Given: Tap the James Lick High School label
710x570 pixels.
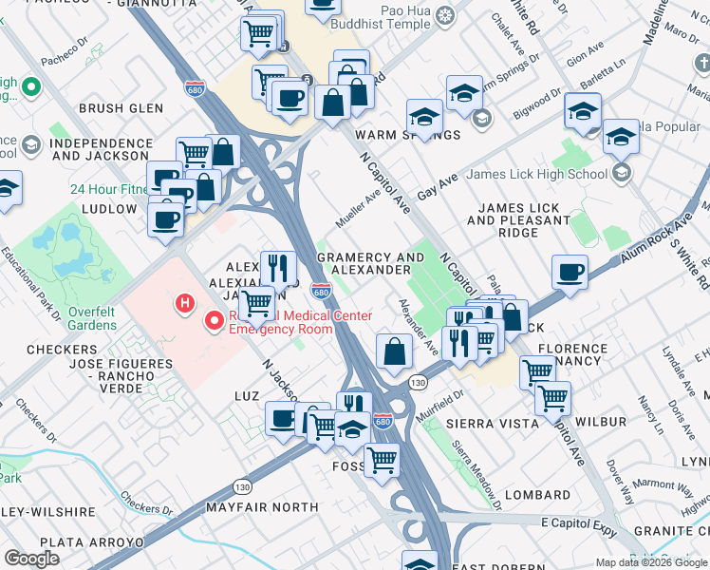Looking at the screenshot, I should [x=536, y=174].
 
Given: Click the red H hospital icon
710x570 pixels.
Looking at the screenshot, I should [x=185, y=303].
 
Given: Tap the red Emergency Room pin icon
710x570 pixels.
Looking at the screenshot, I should [x=215, y=321].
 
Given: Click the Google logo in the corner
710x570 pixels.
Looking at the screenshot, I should [x=31, y=559].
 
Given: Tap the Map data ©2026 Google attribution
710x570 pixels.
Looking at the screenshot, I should [x=650, y=562].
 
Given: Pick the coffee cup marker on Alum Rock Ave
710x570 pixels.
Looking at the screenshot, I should [x=570, y=272].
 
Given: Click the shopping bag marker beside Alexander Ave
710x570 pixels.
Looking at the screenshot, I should [x=394, y=351].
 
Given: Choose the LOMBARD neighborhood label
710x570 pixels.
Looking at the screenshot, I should [x=537, y=495].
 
